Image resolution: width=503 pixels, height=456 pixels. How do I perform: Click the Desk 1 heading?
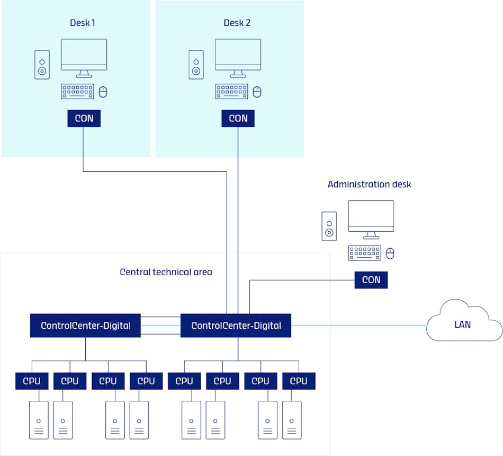[83, 23]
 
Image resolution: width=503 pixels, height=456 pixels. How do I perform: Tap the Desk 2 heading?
[237, 23]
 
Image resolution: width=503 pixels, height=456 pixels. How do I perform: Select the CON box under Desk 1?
[84, 118]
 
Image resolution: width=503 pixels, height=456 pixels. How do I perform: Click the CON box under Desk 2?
[238, 118]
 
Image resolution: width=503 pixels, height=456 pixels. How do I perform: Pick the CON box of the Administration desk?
[371, 279]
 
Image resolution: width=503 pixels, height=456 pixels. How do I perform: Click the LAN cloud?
[463, 323]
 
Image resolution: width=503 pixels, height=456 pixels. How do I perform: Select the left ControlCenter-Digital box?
[85, 325]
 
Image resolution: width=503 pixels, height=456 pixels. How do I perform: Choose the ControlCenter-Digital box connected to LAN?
[236, 325]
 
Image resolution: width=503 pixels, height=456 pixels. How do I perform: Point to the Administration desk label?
[369, 184]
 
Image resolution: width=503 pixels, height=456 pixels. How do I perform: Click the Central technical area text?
[166, 272]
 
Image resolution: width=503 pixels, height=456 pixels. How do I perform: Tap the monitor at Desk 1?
[84, 56]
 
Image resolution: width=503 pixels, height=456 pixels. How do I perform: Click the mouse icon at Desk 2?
[257, 92]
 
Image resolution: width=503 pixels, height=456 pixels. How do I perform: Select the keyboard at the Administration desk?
[364, 253]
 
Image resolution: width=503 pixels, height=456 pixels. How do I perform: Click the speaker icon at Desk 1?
[42, 65]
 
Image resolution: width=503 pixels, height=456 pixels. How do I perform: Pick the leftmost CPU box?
[32, 381]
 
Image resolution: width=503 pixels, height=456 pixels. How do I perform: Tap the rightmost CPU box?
[299, 381]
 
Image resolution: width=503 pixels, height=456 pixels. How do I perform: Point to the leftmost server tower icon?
[39, 419]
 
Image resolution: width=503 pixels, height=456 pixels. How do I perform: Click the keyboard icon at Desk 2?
[231, 92]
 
